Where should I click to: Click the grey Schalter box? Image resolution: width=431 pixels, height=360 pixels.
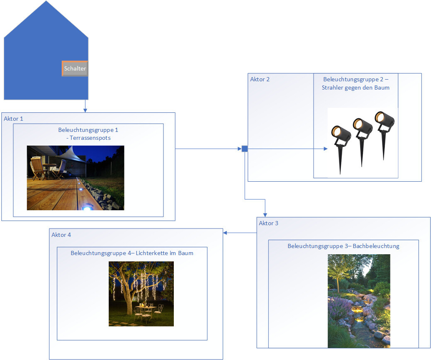[x=75, y=68]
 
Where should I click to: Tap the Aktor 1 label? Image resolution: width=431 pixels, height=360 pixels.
[x=14, y=119]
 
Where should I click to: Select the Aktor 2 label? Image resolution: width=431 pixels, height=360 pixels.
[x=260, y=79]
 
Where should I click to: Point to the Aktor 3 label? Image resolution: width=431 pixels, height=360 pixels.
[x=268, y=224]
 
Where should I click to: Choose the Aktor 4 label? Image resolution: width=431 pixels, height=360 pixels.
[x=61, y=235]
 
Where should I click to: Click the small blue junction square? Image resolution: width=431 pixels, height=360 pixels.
[x=245, y=148]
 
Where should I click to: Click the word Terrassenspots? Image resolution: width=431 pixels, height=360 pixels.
[x=91, y=138]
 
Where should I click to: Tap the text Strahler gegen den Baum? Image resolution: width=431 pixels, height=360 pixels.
[x=356, y=88]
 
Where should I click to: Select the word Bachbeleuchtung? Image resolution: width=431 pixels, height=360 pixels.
[x=376, y=246]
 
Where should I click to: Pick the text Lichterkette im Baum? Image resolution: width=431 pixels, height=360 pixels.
[x=168, y=253]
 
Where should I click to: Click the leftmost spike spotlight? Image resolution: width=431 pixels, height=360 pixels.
[x=341, y=141]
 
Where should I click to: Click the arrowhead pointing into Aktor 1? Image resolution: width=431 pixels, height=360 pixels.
[x=85, y=110]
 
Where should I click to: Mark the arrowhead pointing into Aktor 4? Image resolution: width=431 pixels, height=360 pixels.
[x=225, y=233]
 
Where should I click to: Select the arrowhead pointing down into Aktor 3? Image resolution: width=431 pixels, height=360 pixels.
[x=265, y=214]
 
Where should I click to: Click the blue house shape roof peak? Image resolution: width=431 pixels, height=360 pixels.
[x=46, y=2]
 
